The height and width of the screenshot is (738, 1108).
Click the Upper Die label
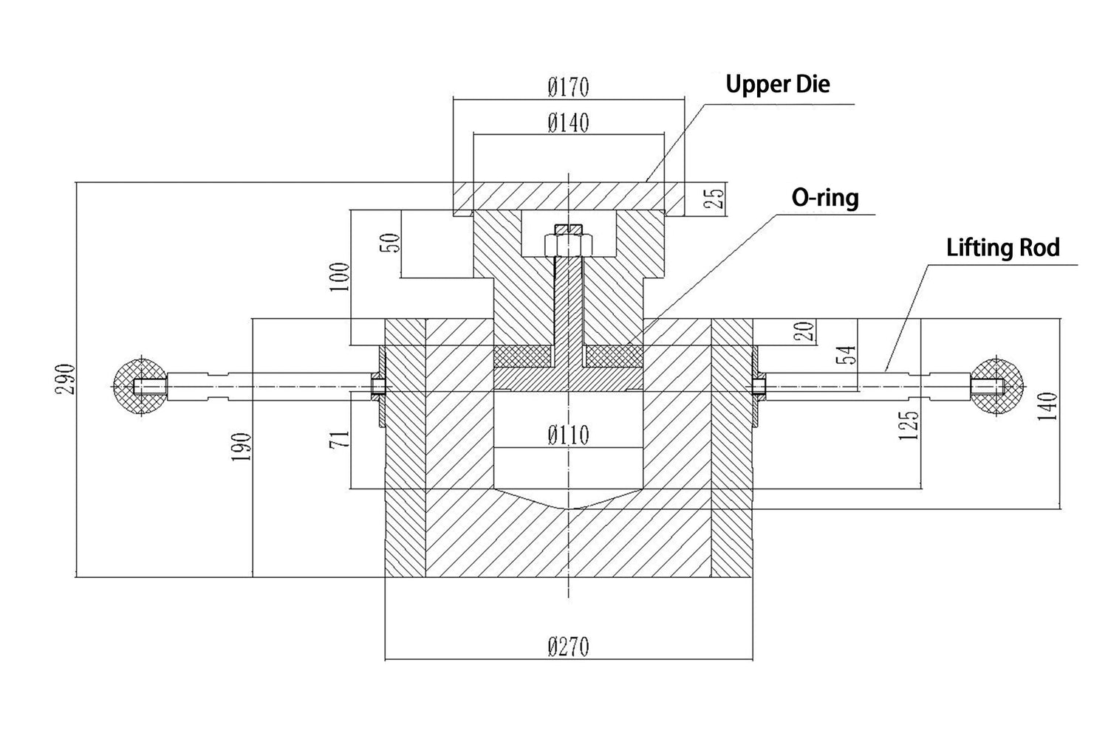coord(777,84)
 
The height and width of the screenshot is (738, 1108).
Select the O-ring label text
coord(825,198)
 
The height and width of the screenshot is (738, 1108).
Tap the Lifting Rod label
coord(1002,248)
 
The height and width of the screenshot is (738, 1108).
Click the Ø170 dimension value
coord(568,87)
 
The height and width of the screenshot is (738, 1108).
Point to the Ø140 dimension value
coord(568,123)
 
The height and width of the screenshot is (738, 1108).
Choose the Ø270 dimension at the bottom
coord(569,647)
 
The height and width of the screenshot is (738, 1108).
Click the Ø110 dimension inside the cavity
coord(568,435)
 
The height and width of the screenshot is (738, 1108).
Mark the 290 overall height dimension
coord(65,378)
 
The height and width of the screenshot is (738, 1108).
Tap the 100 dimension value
coord(340,277)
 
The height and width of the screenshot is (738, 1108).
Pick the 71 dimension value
coord(340,441)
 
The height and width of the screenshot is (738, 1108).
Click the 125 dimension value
coord(910,425)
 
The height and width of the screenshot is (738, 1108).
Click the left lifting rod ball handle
coord(138,386)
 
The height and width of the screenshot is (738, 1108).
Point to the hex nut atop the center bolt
coord(567,244)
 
